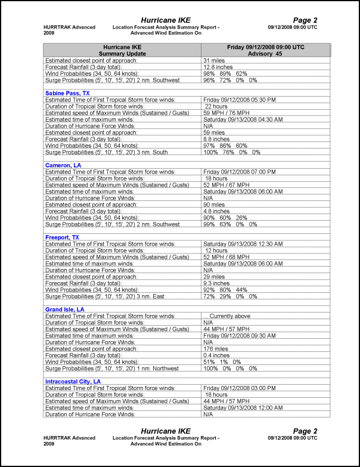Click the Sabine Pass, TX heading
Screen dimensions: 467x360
tap(67, 93)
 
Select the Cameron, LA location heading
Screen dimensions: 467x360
tap(63, 165)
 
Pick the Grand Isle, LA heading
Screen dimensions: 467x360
tap(65, 310)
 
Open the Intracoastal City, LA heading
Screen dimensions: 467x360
tap(73, 381)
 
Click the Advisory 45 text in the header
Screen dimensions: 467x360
tap(266, 54)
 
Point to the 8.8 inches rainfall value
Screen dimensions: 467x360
tap(216, 139)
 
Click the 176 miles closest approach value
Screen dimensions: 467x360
tap(216, 349)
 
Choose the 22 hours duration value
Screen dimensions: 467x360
tap(216, 106)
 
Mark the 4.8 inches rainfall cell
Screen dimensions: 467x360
tap(216, 211)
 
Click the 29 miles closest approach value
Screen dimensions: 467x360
tap(214, 277)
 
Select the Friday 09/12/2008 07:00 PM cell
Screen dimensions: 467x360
tap(239, 172)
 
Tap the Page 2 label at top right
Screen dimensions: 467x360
tap(306, 20)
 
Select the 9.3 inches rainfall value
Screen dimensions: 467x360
tap(216, 283)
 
